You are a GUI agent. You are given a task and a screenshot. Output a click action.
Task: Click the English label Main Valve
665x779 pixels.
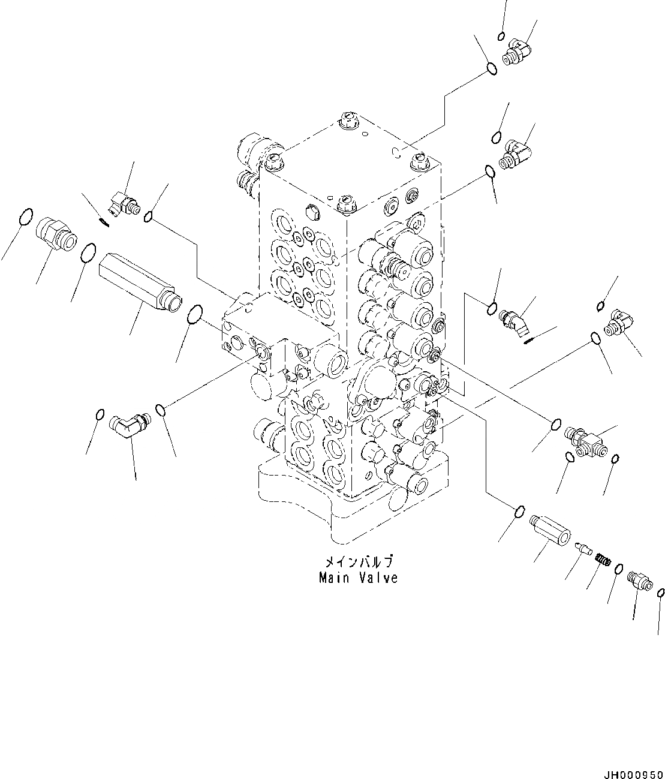coord(359,579)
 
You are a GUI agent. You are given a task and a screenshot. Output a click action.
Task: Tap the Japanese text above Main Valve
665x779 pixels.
coord(359,563)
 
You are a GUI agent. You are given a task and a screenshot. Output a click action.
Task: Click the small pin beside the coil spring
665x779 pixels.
coord(583,548)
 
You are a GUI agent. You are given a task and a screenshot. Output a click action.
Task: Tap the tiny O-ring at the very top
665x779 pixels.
coord(501,37)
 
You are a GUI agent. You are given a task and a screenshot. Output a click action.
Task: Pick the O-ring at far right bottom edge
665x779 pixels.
coord(660,592)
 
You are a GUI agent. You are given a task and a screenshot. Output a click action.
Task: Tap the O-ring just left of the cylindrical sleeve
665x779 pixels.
coord(520,512)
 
